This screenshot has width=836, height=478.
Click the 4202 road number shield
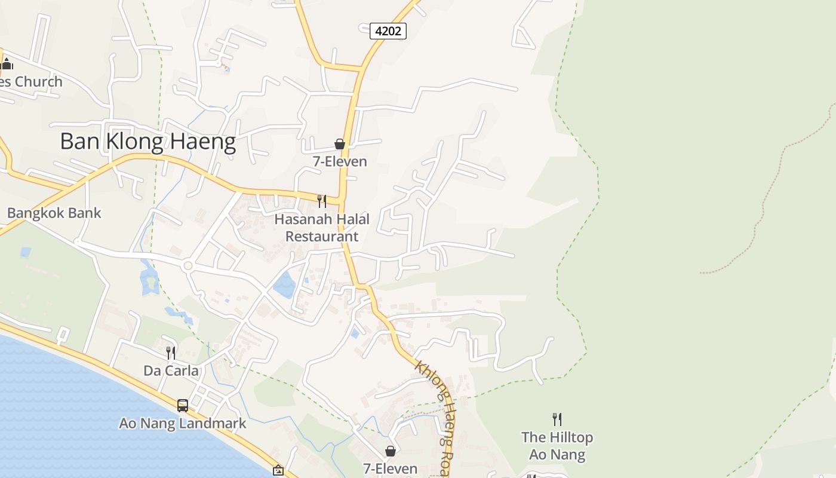click(388, 30)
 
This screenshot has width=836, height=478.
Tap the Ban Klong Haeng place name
click(148, 142)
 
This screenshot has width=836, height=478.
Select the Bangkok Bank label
click(54, 213)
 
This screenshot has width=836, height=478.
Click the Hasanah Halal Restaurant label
click(322, 228)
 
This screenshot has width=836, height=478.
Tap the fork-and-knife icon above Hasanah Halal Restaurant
click(322, 201)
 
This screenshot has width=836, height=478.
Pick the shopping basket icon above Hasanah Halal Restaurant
click(340, 144)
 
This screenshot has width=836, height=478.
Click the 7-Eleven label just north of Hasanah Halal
click(340, 161)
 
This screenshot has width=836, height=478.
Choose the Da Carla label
click(171, 370)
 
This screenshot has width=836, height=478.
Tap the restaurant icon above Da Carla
click(171, 353)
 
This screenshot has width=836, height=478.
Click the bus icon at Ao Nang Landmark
click(183, 406)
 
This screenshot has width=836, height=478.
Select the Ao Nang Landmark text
click(183, 424)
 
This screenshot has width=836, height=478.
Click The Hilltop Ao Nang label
click(557, 446)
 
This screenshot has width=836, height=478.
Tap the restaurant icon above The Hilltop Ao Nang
click(557, 419)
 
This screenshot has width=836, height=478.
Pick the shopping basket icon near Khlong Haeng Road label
click(391, 451)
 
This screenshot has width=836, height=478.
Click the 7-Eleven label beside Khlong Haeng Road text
click(391, 468)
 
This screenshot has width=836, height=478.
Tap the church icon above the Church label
click(7, 64)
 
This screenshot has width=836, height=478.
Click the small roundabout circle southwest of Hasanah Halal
click(188, 265)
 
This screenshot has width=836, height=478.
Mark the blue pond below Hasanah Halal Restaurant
click(285, 285)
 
